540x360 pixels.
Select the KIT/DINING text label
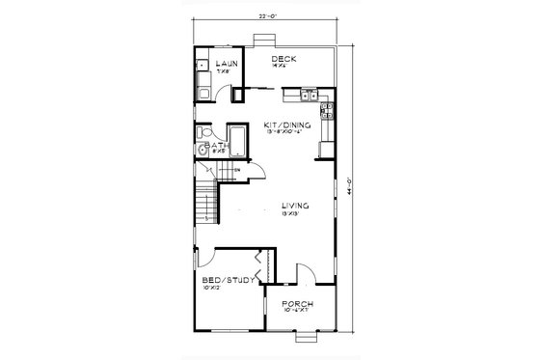[287, 125]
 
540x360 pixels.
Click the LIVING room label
[294, 206]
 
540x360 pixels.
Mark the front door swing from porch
[305, 275]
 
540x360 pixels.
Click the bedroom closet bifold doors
[259, 262]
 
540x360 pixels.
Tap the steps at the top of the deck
[261, 40]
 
